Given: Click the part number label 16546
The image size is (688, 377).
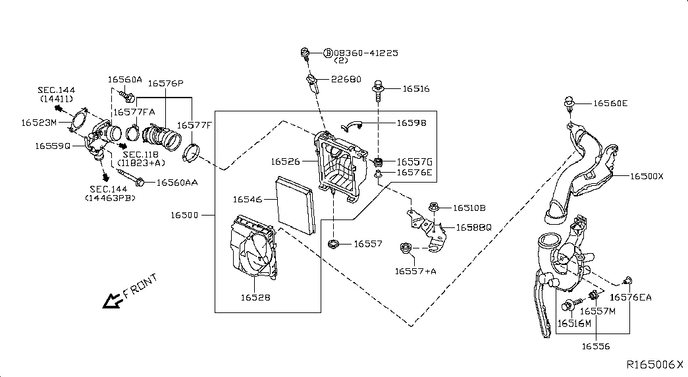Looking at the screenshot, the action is pos(247,200).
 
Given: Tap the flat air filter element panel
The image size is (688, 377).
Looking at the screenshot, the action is pos(296,206).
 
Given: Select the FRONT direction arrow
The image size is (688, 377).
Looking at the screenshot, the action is pos(112,301).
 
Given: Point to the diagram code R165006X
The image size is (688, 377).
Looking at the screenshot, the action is pos(654,364).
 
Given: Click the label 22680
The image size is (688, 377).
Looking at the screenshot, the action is pos(346,80).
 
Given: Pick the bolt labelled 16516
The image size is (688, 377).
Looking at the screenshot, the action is pos(378,90).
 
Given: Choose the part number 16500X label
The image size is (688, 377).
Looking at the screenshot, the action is pos(647,177).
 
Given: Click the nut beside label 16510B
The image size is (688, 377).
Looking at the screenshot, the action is pos(433,206).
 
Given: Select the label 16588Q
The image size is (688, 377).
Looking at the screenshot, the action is pos(473,227).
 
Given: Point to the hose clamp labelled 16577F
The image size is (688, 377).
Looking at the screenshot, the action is pos(191,152).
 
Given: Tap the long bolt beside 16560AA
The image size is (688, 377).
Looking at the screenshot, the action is pos(130,177).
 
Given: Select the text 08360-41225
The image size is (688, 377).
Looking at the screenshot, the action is pos(366,53).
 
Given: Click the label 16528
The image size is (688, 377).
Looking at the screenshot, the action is pos(255,297).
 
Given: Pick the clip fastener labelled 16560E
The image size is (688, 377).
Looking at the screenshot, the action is pos(569,103).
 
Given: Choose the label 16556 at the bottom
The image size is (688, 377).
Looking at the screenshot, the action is pos(595,346).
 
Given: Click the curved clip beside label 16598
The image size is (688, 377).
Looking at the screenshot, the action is pos(351,126).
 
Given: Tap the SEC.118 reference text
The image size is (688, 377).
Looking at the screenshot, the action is pos(140,155).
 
